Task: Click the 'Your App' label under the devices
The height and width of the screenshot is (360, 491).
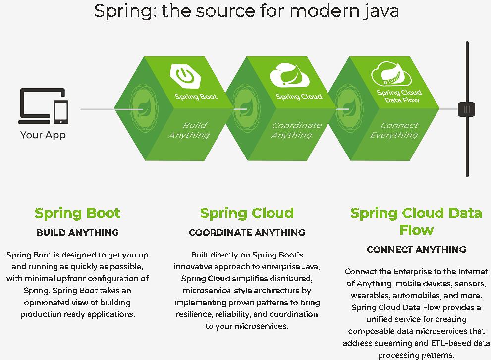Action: pos(43,135)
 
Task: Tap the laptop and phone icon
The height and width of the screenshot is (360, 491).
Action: pos(43,105)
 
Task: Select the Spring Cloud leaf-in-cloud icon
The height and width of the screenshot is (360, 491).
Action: pos(289,75)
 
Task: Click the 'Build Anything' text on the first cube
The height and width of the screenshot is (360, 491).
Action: pos(190,130)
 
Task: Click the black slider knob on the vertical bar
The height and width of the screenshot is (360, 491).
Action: pos(466,109)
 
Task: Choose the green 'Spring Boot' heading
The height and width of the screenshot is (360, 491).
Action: pos(77,213)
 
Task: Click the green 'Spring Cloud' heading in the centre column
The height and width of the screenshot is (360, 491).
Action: pos(247,213)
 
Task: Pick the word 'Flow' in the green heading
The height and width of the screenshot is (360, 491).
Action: pos(416,230)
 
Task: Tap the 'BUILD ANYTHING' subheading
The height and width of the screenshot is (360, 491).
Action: pos(77,232)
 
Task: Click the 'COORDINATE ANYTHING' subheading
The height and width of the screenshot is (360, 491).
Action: pos(247,232)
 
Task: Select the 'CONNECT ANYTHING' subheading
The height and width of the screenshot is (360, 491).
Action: pos(416,249)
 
